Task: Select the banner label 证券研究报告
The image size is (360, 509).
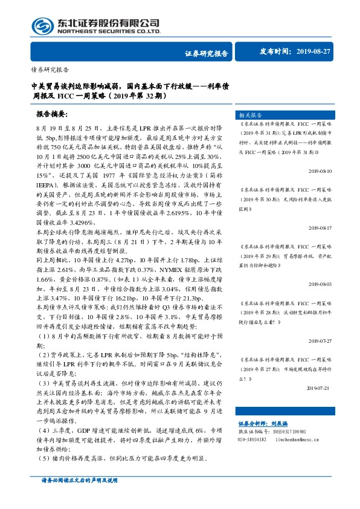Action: point(206,53)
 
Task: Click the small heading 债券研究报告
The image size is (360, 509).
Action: point(49,69)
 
